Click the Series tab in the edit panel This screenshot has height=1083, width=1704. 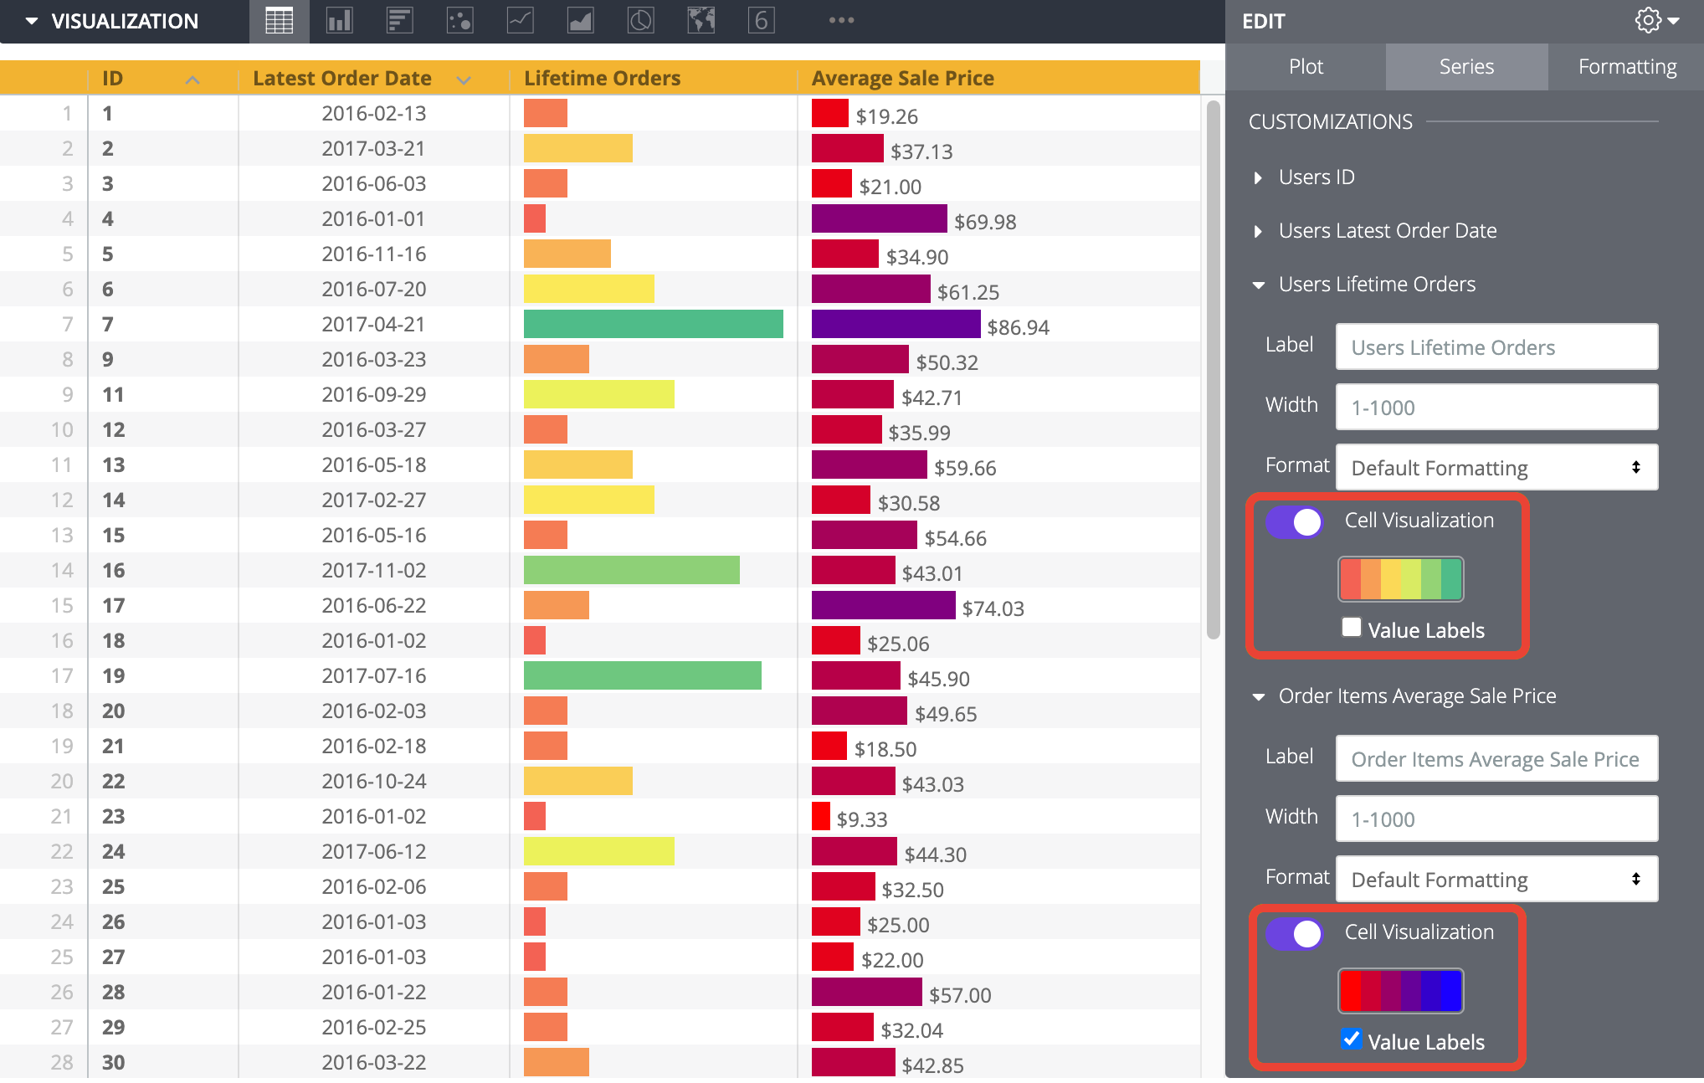pyautogui.click(x=1466, y=67)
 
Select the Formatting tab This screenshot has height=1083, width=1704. pyautogui.click(x=1627, y=67)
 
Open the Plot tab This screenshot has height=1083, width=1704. pyautogui.click(x=1306, y=67)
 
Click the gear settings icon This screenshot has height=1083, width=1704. pyautogui.click(x=1648, y=21)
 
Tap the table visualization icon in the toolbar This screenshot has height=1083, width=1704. pyautogui.click(x=279, y=21)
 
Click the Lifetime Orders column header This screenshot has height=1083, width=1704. pyautogui.click(x=602, y=79)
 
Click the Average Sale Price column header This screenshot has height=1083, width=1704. pyautogui.click(x=902, y=79)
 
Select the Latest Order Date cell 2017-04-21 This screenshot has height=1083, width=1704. pyautogui.click(x=373, y=324)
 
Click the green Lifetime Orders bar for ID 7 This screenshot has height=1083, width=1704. pyautogui.click(x=654, y=324)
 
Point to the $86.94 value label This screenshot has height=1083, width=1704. pyautogui.click(x=1018, y=327)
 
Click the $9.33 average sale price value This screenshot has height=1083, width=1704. pyautogui.click(x=862, y=819)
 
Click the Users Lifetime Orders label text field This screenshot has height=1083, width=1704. pyautogui.click(x=1496, y=347)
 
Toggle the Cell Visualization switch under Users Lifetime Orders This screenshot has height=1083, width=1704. pyautogui.click(x=1294, y=521)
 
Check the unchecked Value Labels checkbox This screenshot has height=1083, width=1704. pyautogui.click(x=1351, y=627)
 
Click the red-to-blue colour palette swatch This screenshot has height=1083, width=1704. pyautogui.click(x=1400, y=991)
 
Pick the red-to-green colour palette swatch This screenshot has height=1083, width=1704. pyautogui.click(x=1400, y=579)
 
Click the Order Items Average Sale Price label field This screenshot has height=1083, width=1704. pyautogui.click(x=1496, y=759)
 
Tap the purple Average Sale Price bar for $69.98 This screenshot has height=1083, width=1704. pyautogui.click(x=880, y=218)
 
